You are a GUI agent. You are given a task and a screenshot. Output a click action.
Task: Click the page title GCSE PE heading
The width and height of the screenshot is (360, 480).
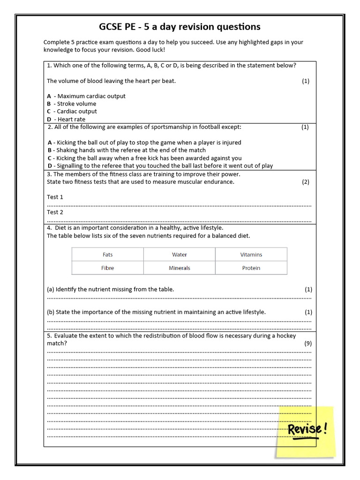point(180,26)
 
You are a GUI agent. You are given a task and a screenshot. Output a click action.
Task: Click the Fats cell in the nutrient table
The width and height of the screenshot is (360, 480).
point(107,255)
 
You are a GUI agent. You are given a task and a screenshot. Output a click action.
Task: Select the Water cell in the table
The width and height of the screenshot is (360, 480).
point(179,255)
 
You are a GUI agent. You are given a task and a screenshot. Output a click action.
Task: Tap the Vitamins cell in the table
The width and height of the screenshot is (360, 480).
point(251,255)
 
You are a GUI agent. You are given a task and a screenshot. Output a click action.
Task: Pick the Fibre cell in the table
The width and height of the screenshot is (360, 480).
point(107,268)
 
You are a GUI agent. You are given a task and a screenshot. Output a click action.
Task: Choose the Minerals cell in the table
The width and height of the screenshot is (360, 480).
point(179,268)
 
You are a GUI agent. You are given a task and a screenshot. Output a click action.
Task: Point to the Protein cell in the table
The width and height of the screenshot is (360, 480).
point(251,268)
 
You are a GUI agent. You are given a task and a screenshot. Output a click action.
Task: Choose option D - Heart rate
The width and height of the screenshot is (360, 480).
point(66,120)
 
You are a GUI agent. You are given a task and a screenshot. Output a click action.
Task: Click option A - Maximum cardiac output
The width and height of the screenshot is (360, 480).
point(86,96)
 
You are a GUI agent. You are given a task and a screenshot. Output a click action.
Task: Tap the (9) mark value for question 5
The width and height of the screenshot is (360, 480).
point(307,343)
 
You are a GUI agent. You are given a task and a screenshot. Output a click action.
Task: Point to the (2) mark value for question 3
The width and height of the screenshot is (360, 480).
point(305,182)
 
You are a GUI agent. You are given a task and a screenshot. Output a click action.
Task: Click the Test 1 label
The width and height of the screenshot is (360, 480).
point(55,197)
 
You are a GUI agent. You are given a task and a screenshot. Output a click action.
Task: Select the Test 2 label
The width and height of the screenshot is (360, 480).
point(55,212)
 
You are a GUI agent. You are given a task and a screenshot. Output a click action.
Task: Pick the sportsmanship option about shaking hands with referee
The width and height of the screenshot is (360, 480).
point(127,150)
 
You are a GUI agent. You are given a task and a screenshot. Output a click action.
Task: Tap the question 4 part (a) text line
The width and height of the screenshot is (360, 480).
point(110,289)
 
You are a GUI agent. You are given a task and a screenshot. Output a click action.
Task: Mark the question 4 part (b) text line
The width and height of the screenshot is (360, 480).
point(156,312)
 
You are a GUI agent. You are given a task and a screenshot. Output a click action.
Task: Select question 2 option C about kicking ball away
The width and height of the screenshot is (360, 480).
point(145,158)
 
